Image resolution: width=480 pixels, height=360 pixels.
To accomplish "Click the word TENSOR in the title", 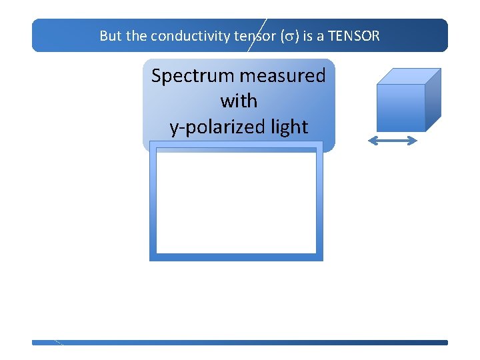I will coord(354,36).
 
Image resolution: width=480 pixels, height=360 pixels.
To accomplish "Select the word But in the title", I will coord(111,36).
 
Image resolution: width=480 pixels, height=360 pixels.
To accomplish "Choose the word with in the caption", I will coord(239,101).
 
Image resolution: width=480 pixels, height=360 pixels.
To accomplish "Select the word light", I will coord(285,127).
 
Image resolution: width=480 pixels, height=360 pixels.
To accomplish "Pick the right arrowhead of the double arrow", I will coord(414,141).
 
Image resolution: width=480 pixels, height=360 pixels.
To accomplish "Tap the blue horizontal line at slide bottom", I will coord(240,343).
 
